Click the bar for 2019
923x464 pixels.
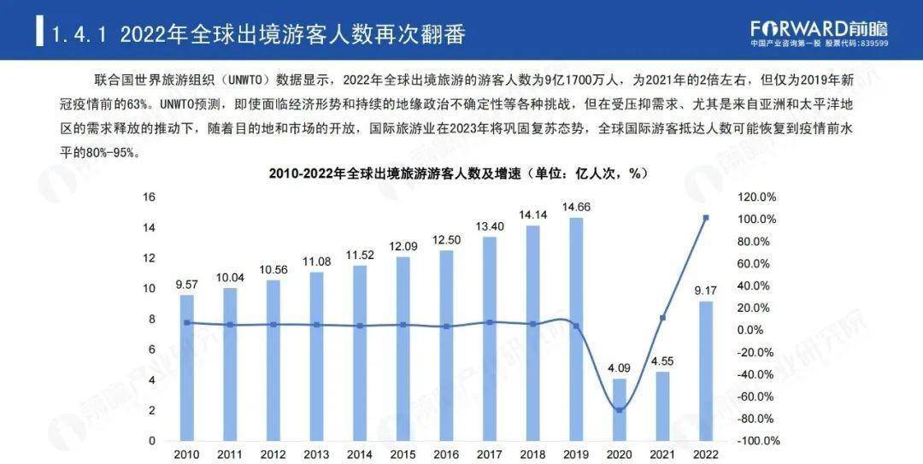pyautogui.click(x=576, y=329)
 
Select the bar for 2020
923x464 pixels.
pyautogui.click(x=620, y=409)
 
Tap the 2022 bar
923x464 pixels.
pyautogui.click(x=706, y=371)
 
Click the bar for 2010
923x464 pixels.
pyautogui.click(x=186, y=367)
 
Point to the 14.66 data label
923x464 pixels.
pyautogui.click(x=576, y=207)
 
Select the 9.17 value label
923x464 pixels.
pyautogui.click(x=706, y=291)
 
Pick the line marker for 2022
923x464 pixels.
pyautogui.click(x=706, y=218)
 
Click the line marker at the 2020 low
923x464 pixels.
pyautogui.click(x=620, y=410)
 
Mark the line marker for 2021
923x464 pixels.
pyautogui.click(x=663, y=318)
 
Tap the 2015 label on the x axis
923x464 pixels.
pyautogui.click(x=403, y=454)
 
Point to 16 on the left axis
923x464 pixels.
pyautogui.click(x=149, y=197)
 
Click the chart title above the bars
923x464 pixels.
pyautogui.click(x=459, y=173)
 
